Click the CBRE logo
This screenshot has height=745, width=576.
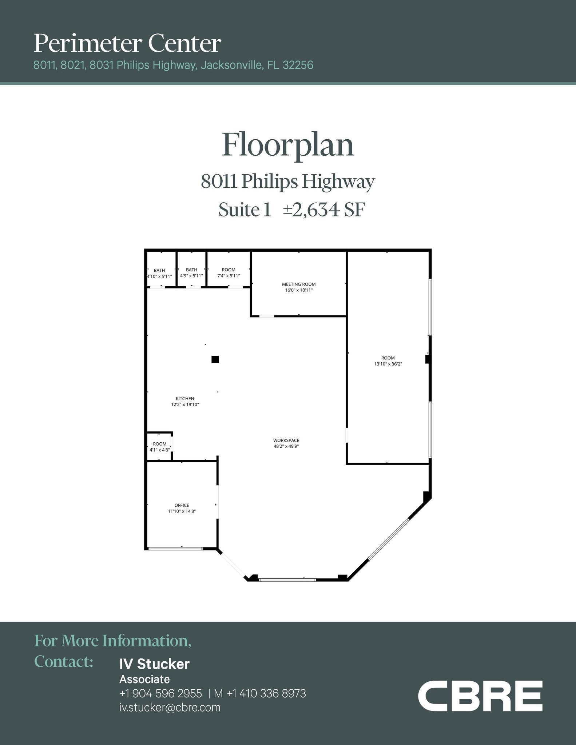480,696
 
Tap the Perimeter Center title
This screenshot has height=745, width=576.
127,43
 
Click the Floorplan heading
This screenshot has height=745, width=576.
288,145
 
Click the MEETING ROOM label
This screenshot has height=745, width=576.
299,284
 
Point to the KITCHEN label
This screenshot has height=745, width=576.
185,399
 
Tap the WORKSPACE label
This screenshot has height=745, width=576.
286,441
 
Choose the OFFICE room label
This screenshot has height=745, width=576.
182,505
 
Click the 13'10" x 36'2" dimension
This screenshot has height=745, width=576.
388,364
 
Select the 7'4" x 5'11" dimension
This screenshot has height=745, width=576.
229,276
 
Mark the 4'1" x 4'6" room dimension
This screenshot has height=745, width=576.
160,450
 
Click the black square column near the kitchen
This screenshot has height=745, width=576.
215,359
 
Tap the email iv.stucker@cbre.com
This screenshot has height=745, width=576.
170,708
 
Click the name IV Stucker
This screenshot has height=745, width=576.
155,664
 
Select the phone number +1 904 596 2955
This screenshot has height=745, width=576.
160,694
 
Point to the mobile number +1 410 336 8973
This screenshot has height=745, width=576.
266,694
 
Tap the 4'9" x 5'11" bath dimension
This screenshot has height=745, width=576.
191,276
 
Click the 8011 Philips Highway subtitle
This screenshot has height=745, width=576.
288,182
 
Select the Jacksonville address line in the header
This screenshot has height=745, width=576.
173,65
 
